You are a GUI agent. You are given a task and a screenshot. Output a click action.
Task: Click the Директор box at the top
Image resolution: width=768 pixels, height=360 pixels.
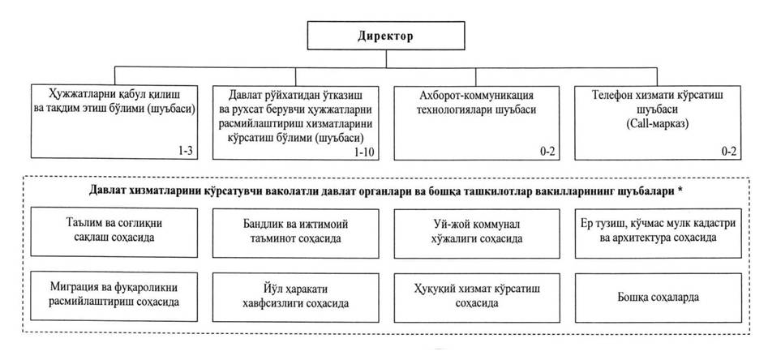(x=386, y=35)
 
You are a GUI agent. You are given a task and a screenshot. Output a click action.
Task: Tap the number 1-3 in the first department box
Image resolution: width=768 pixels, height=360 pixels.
(x=188, y=151)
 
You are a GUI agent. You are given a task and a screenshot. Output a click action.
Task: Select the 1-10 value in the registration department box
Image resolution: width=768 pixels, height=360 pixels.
(x=365, y=152)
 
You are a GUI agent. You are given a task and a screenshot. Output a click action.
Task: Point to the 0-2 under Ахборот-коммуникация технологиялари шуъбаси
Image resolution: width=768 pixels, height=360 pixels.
(x=547, y=152)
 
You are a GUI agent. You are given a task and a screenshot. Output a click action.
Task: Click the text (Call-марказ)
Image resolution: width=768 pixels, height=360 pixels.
(x=658, y=123)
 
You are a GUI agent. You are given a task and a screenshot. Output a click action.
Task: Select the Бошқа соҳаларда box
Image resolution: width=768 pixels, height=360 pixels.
(x=658, y=298)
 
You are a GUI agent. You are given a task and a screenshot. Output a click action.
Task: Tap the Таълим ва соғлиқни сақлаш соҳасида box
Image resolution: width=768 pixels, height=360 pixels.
(x=114, y=233)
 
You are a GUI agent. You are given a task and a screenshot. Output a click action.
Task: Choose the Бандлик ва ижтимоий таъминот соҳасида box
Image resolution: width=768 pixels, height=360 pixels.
(x=296, y=234)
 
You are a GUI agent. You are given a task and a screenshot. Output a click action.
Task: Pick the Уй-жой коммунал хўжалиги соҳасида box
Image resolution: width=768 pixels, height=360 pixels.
(x=477, y=234)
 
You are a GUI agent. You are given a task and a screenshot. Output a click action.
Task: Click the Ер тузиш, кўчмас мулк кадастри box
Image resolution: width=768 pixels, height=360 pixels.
(x=658, y=234)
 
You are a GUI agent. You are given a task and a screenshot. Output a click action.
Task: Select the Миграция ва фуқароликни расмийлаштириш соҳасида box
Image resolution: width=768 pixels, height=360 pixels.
(x=114, y=297)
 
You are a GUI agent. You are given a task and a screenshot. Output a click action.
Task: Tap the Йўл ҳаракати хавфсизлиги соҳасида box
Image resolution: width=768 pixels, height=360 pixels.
(x=296, y=298)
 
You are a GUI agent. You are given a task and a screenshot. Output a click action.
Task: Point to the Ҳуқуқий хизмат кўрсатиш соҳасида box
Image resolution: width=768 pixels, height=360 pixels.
(x=477, y=298)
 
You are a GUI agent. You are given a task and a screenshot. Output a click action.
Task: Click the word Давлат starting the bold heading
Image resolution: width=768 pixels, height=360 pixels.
(x=105, y=192)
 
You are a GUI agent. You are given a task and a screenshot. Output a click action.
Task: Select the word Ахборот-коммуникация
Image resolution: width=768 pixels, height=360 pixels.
(x=477, y=96)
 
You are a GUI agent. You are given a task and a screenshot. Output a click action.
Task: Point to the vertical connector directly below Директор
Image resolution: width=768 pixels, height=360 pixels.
(x=386, y=58)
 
